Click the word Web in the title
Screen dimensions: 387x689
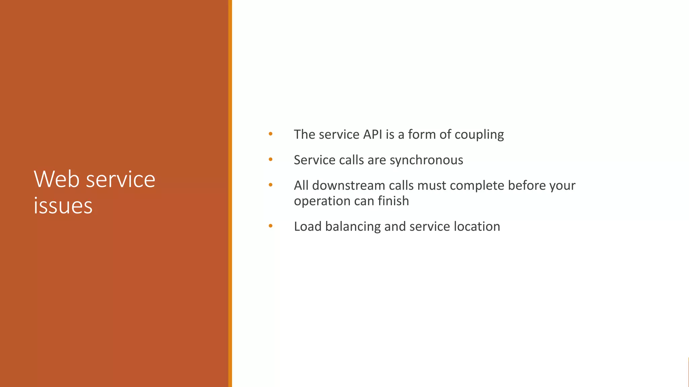point(58,179)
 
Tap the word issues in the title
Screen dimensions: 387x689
point(63,206)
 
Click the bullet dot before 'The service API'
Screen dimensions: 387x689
point(270,134)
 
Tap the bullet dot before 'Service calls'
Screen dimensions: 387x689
point(270,160)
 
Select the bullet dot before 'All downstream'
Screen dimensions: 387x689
point(270,185)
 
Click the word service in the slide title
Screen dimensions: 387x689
point(121,179)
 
